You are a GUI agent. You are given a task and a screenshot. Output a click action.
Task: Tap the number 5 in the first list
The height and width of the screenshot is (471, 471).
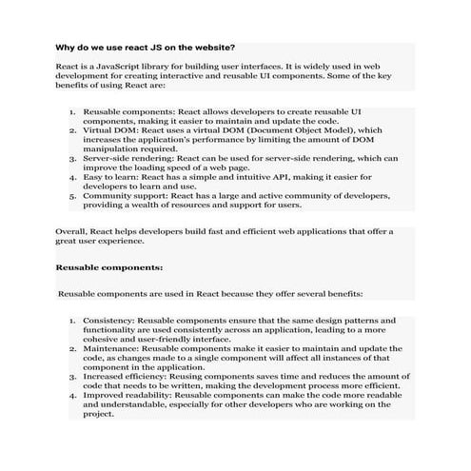(72, 195)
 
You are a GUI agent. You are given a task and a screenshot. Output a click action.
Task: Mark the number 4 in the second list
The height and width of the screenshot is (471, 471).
(72, 394)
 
